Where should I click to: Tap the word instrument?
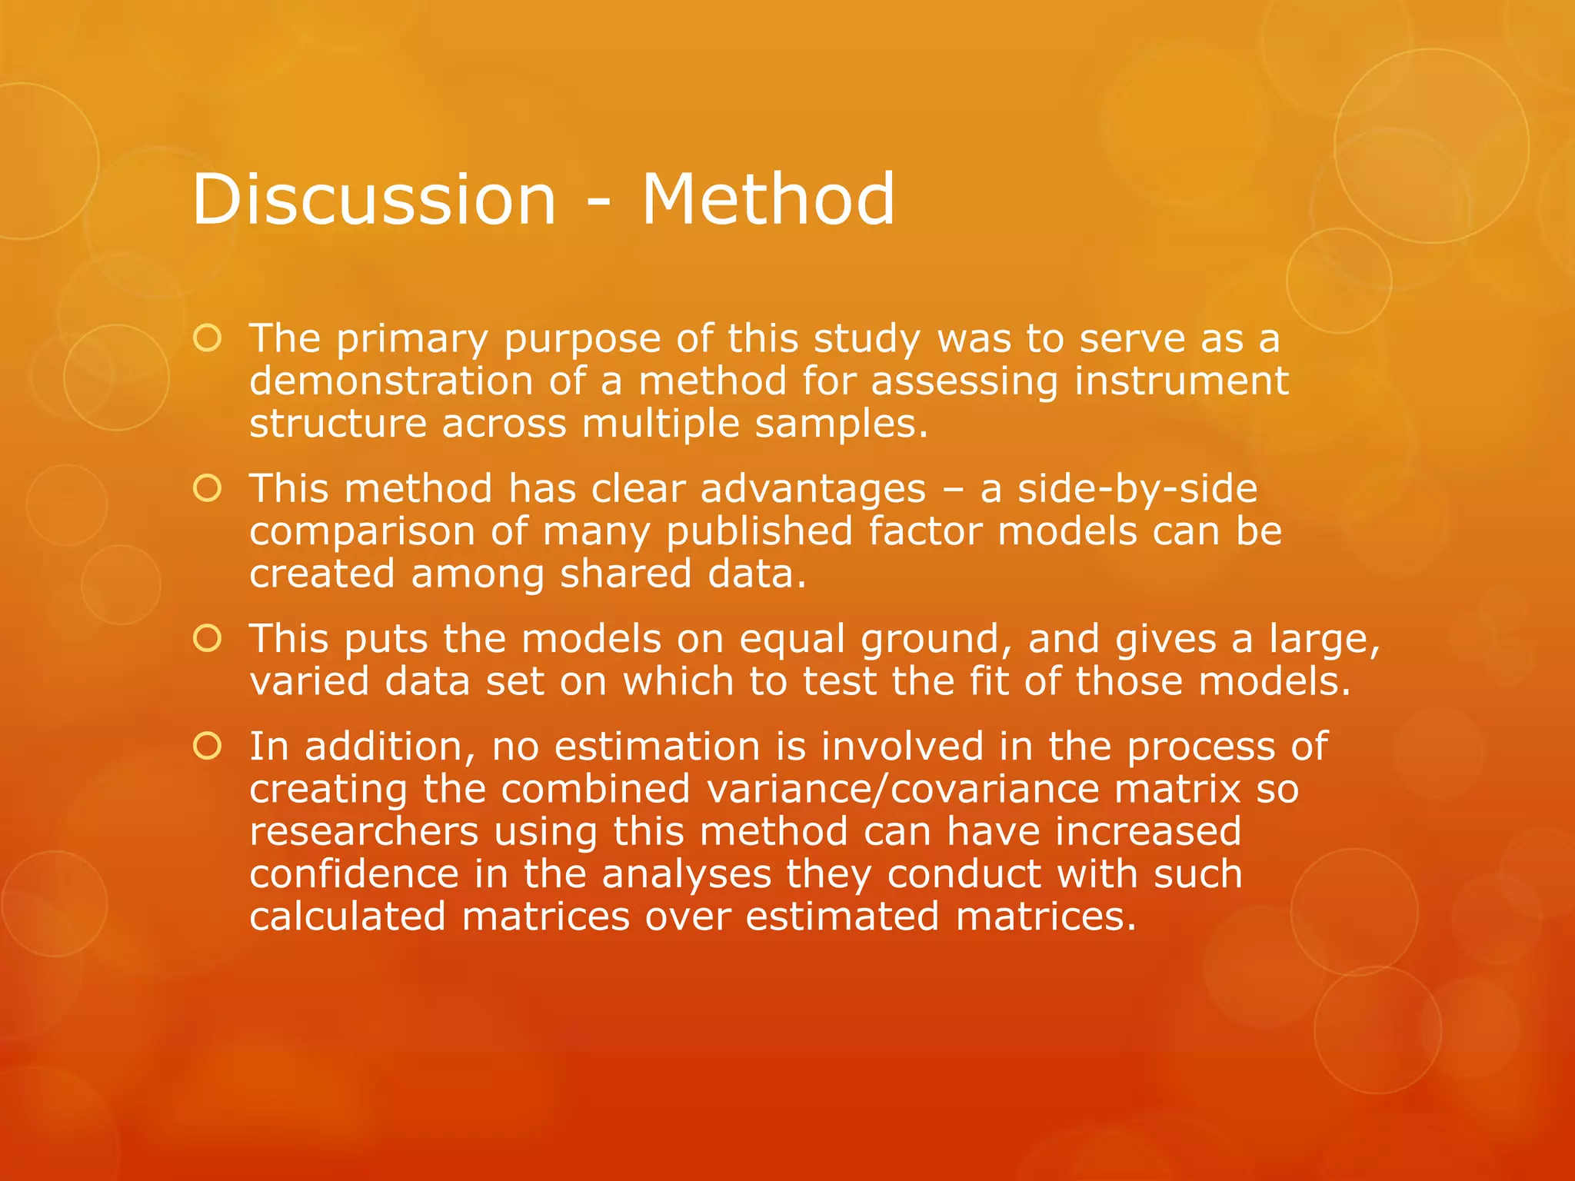coord(1180,381)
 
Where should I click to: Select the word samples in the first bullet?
coord(841,424)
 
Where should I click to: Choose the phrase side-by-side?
coord(1137,489)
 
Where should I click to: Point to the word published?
coord(759,532)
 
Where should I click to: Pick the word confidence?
coord(354,875)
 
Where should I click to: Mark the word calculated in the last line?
coord(348,917)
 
